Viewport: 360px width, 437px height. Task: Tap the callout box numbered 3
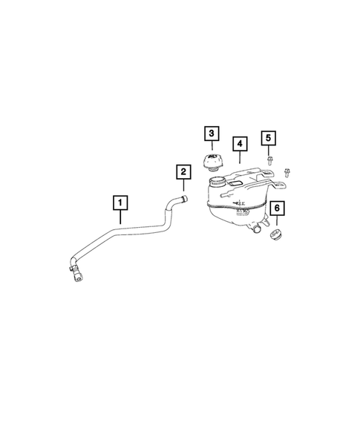pos(212,134)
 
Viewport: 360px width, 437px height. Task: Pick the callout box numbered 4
pos(238,143)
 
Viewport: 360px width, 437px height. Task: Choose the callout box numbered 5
pos(268,138)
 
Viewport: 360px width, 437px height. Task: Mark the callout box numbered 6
pos(276,210)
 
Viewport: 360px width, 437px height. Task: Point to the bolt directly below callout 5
pos(268,160)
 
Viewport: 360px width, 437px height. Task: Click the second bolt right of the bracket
pos(288,171)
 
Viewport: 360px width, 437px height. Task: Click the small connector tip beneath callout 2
pos(184,198)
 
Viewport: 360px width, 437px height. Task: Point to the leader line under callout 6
pos(278,223)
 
